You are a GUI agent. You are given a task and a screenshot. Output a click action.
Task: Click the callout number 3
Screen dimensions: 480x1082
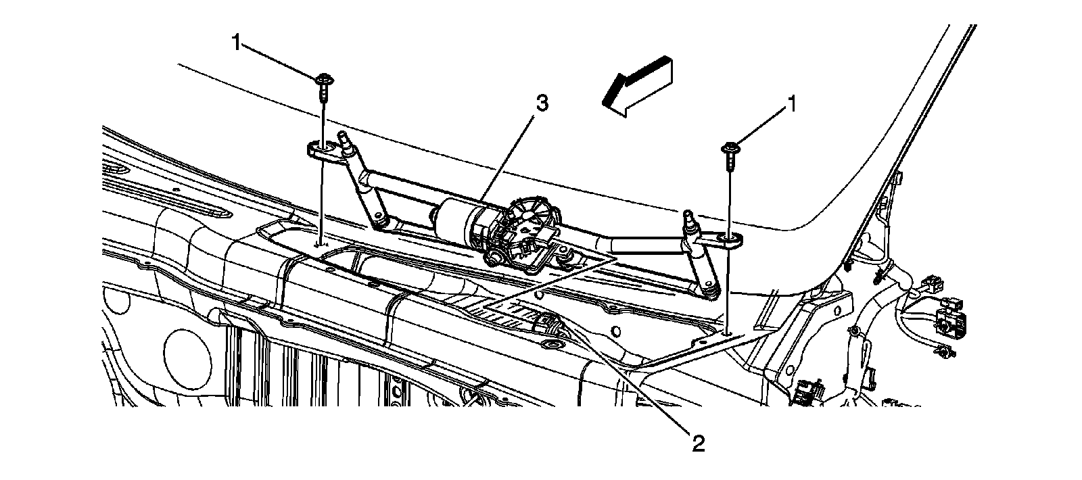point(541,103)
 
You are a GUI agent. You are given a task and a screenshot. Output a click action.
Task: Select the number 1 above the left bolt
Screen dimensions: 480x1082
point(236,43)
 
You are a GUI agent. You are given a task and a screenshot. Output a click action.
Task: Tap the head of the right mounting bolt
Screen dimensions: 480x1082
point(731,147)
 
